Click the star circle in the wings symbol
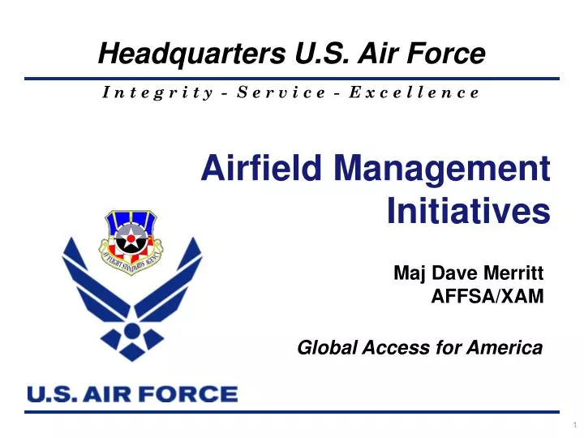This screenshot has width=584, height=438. pos(131,329)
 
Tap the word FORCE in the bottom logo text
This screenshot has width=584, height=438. pos(195,395)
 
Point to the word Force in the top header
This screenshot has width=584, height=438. pos(451,54)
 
